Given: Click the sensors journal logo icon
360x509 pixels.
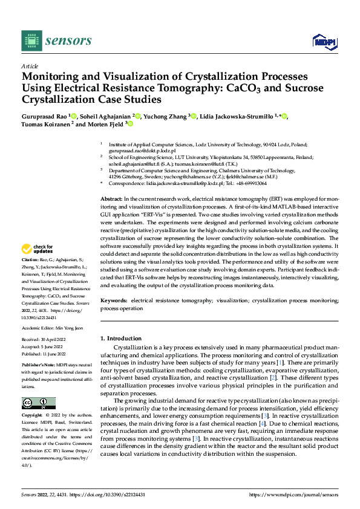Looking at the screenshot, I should pyautogui.click(x=31, y=40).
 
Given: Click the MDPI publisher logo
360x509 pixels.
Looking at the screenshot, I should pyautogui.click(x=323, y=41).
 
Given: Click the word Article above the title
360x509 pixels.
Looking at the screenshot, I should pyautogui.click(x=30, y=66).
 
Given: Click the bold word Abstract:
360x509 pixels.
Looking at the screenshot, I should pyautogui.click(x=111, y=199).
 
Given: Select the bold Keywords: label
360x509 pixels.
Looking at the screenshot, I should pyautogui.click(x=114, y=300).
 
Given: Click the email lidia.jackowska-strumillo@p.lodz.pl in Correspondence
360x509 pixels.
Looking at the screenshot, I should pyautogui.click(x=185, y=183).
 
